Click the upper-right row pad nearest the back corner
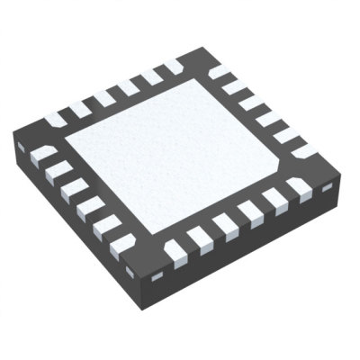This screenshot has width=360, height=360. tap(220, 70)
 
